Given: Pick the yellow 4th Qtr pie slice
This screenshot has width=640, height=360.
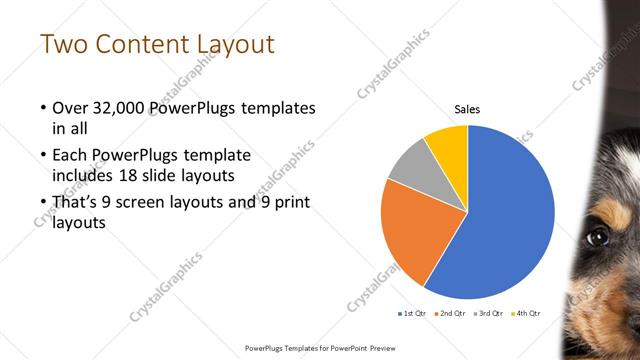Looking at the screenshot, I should point(447,145).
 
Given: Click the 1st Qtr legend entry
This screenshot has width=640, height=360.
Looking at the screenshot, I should point(413,314).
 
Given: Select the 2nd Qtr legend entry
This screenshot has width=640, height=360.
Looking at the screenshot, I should point(450,314).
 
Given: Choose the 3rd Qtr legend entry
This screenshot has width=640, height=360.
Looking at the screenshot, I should point(488,314).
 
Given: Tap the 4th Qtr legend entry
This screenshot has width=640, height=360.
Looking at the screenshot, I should point(525,314).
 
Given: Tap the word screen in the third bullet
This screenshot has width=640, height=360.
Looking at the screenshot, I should point(147,204).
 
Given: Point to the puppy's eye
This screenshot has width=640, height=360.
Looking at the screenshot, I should point(598,236).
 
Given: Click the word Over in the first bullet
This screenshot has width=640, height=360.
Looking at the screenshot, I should point(69,107).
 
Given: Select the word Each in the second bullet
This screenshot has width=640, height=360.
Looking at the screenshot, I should point(69,156).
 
